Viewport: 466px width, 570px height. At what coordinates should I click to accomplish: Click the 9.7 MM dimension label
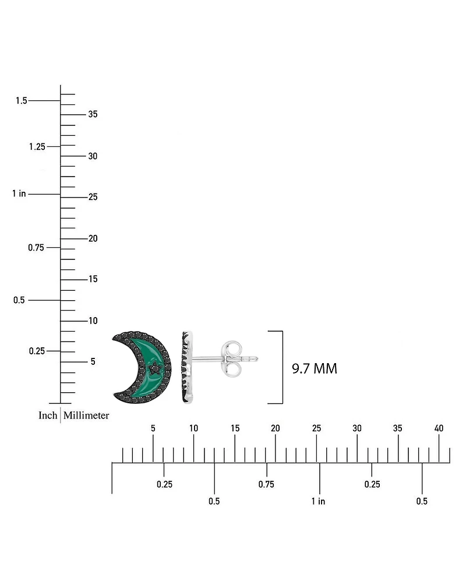coord(315,368)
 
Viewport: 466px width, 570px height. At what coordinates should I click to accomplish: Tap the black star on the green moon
coord(155,368)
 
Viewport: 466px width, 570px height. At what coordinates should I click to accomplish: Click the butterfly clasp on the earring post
coord(231,359)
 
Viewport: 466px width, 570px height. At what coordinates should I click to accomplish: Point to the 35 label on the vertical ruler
coord(93,114)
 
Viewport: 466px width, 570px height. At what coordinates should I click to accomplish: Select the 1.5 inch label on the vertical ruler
coord(22,101)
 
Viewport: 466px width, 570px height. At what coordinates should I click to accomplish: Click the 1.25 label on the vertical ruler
coord(37,147)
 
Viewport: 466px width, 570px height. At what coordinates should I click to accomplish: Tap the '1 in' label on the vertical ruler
coord(19,193)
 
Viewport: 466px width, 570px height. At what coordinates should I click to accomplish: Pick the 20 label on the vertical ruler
coord(93,238)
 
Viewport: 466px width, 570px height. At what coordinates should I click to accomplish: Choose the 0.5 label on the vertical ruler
coord(19,300)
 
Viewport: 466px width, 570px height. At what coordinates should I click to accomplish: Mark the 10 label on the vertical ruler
coord(93,321)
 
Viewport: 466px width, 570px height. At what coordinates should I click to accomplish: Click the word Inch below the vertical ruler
coord(48,416)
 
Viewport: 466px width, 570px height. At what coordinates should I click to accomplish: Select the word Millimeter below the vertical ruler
coord(86,416)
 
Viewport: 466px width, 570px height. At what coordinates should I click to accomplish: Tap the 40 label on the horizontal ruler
coord(439,428)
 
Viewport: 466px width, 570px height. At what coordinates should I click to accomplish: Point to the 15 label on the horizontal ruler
coord(235,428)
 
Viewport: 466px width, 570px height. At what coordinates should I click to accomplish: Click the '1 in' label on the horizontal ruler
coord(318,501)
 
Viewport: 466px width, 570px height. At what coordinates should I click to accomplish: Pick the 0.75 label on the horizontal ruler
coord(266,484)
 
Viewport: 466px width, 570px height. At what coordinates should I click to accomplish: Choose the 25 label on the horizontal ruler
coord(316,428)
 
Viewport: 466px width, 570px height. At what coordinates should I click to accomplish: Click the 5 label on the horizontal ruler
coord(153,428)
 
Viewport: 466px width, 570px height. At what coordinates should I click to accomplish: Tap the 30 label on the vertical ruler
coord(93,156)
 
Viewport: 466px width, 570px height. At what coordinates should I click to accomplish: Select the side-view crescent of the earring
coord(186,367)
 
